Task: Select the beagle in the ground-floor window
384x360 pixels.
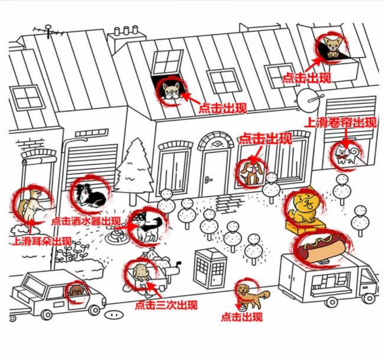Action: [250, 173]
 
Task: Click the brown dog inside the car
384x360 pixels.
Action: [76, 290]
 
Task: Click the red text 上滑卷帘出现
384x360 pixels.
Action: [339, 123]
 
